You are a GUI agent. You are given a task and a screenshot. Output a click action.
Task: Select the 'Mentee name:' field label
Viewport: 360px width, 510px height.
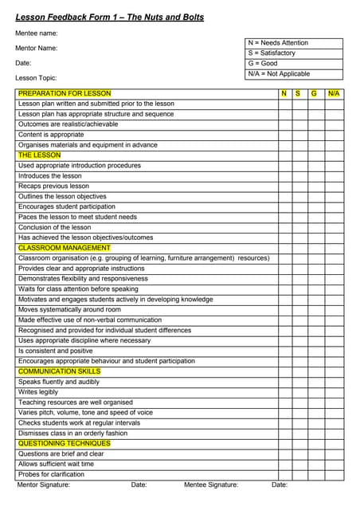click(37, 33)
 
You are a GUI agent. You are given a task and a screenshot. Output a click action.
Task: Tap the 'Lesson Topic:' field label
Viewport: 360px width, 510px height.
click(37, 78)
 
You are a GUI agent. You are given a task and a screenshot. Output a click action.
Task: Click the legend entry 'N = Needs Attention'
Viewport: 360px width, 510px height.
click(278, 43)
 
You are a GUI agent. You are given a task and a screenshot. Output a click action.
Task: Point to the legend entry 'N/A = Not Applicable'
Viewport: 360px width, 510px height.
click(279, 74)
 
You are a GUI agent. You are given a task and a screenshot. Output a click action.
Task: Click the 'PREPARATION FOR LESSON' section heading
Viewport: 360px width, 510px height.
click(65, 93)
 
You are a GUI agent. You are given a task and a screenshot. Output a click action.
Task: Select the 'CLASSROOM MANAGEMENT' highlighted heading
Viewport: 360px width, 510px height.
click(64, 248)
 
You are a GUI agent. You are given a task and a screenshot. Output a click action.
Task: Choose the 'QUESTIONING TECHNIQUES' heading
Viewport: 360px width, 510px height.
click(64, 443)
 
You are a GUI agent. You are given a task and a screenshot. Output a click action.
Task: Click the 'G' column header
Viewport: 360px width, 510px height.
click(315, 93)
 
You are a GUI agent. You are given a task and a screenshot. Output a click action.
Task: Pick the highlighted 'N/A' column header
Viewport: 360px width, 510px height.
click(334, 93)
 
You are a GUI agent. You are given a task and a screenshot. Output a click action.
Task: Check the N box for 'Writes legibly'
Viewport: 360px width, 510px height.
click(284, 392)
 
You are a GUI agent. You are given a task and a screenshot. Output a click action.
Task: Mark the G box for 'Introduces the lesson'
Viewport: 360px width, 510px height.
click(315, 176)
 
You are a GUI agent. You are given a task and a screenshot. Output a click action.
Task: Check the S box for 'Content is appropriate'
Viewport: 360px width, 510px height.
click(299, 135)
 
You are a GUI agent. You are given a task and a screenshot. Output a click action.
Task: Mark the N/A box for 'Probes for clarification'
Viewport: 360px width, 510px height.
click(335, 474)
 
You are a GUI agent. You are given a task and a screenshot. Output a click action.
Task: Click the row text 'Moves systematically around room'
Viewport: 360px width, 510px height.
click(69, 309)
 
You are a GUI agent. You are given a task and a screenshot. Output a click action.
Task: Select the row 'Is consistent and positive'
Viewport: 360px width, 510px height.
click(55, 351)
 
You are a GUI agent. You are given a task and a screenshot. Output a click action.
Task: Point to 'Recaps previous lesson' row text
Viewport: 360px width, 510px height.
click(53, 186)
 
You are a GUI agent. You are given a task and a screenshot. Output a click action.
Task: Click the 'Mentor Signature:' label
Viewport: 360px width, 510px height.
click(44, 484)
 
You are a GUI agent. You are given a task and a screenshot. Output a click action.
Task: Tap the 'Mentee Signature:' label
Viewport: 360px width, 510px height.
click(211, 484)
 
